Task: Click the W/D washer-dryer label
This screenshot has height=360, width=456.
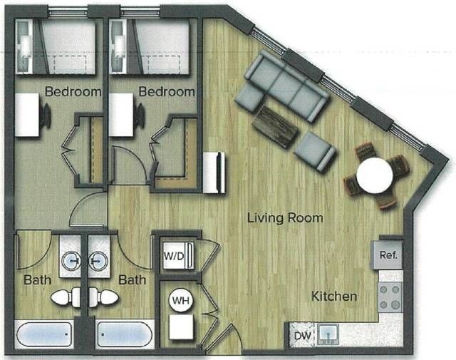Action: pyautogui.click(x=174, y=257)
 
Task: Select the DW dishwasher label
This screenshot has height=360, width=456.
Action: pyautogui.click(x=302, y=336)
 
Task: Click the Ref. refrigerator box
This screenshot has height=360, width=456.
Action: pyautogui.click(x=388, y=254)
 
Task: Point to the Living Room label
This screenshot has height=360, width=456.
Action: pyautogui.click(x=285, y=218)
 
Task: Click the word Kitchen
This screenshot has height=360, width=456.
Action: pyautogui.click(x=334, y=297)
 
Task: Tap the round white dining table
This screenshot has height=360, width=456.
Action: pyautogui.click(x=375, y=175)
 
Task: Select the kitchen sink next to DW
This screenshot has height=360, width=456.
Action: pyautogui.click(x=328, y=335)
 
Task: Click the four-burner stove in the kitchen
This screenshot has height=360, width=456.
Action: pyautogui.click(x=390, y=297)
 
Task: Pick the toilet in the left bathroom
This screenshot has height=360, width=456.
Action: pyautogui.click(x=66, y=297)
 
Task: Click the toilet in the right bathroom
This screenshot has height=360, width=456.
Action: pyautogui.click(x=104, y=297)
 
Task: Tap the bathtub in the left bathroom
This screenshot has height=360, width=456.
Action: pyautogui.click(x=44, y=334)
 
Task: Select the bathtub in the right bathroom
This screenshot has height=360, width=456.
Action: pyautogui.click(x=125, y=334)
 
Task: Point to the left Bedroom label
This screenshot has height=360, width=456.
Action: pyautogui.click(x=73, y=92)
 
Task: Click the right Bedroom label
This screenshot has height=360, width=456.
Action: pyautogui.click(x=167, y=92)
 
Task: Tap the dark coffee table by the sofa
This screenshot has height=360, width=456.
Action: pyautogui.click(x=276, y=126)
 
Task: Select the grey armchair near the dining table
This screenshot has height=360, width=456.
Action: pyautogui.click(x=315, y=151)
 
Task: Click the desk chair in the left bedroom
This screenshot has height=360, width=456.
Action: pyautogui.click(x=46, y=115)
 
